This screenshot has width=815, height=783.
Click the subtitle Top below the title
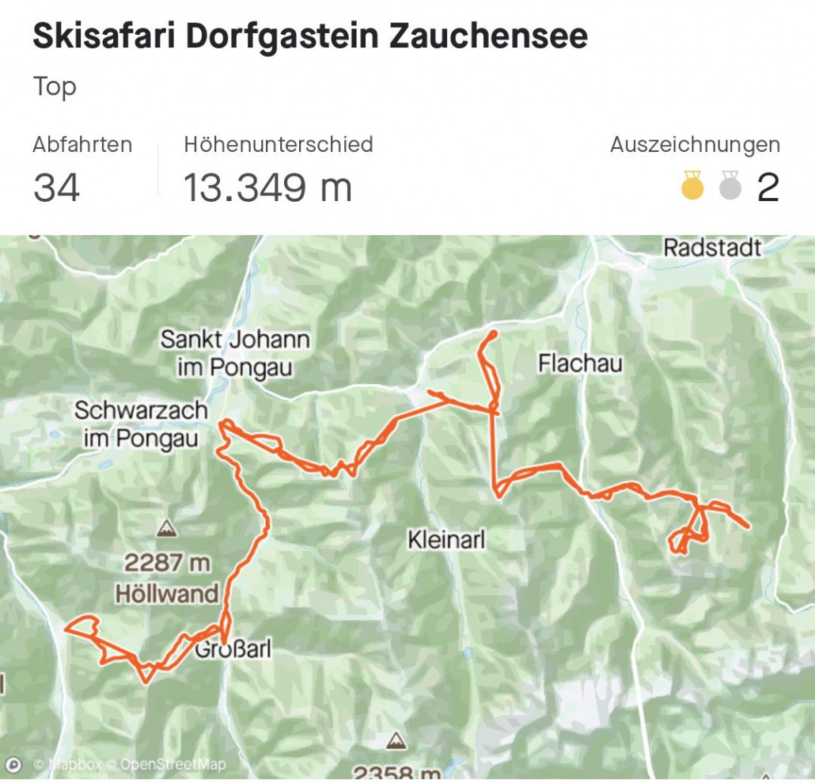point(55,86)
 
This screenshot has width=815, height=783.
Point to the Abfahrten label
point(82,145)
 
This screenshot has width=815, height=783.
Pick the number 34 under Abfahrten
point(56,188)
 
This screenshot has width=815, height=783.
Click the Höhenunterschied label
point(279,145)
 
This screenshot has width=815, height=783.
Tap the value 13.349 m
point(268,188)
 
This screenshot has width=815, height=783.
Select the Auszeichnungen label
point(695,145)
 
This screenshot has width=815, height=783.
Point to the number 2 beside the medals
point(768,188)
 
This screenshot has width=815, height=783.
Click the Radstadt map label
point(712,248)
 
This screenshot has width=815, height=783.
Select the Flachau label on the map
point(580,363)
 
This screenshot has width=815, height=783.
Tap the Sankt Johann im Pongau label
point(235,353)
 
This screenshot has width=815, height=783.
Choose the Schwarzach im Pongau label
point(141,424)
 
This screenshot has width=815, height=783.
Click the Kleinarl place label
point(445,540)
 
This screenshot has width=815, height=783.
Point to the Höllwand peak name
point(166,593)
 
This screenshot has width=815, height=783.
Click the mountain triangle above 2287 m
point(166,527)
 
